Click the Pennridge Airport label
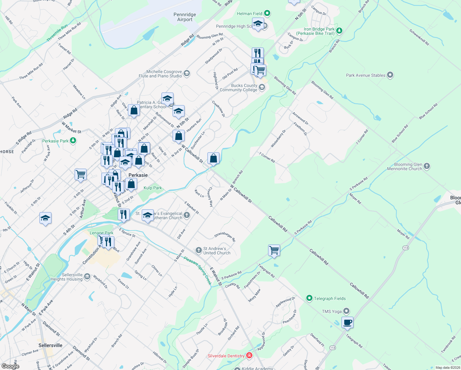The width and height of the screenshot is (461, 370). (185, 17)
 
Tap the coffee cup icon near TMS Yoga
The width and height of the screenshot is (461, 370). (347, 323)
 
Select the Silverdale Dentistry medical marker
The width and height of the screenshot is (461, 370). (249, 356)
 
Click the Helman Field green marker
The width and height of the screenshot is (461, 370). (267, 13)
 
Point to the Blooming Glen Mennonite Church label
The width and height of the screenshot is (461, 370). (405, 166)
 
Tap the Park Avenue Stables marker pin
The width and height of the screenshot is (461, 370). (390, 75)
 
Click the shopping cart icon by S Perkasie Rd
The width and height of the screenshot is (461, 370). (274, 250)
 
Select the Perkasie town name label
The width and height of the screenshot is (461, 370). (138, 175)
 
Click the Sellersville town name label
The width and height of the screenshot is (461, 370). (50, 345)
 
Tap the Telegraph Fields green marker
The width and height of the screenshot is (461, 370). (309, 298)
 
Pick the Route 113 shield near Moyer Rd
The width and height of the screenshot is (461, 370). (406, 248)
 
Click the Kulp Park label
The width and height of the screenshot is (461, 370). (153, 188)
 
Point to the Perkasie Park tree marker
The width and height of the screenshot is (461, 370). (73, 141)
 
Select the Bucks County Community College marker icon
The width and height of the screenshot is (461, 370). (262, 88)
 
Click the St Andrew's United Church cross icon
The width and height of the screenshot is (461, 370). (199, 249)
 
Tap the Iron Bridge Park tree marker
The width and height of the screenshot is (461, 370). (339, 30)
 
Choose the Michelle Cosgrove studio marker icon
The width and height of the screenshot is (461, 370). (186, 73)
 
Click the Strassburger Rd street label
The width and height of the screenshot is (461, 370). (225, 236)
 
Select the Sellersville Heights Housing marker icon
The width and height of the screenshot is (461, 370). (87, 276)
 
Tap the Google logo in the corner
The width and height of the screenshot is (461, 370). (10, 366)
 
